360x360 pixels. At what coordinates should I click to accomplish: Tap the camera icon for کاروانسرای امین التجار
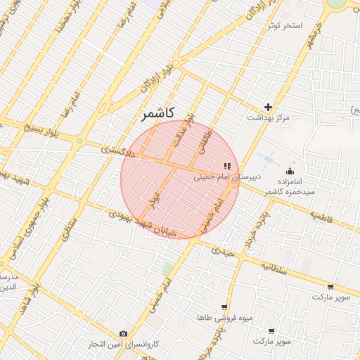click(124, 334)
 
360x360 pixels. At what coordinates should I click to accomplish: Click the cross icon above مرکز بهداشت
click(268, 107)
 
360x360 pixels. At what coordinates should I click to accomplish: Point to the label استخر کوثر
click(284, 25)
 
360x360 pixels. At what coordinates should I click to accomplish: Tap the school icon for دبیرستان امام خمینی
click(226, 167)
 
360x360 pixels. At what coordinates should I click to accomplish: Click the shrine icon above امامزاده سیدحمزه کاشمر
click(290, 172)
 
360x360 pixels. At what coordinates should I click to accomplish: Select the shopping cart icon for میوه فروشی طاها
click(224, 307)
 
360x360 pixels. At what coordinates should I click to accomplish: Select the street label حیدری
click(223, 250)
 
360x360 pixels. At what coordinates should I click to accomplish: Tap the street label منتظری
click(67, 229)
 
